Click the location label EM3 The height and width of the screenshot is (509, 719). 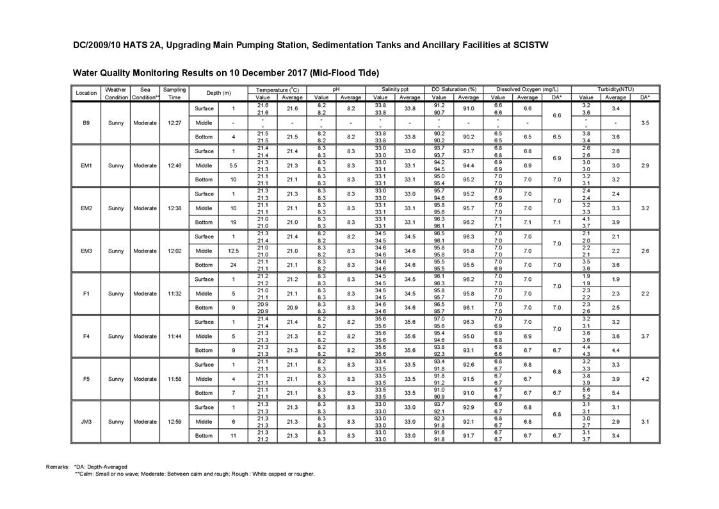pyautogui.click(x=86, y=251)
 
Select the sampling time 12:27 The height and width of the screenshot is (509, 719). pyautogui.click(x=175, y=122)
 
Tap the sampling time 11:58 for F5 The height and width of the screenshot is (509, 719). pyautogui.click(x=175, y=379)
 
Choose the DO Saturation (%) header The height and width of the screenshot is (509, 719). pyautogui.click(x=455, y=90)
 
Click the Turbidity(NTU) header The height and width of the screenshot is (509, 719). pyautogui.click(x=615, y=90)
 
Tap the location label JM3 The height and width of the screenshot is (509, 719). pyautogui.click(x=86, y=422)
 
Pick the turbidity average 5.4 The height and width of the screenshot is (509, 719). pyautogui.click(x=615, y=393)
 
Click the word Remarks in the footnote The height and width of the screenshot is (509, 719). pyautogui.click(x=58, y=467)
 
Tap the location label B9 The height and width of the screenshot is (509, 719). pyautogui.click(x=86, y=122)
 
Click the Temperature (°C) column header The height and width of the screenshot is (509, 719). pyautogui.click(x=277, y=90)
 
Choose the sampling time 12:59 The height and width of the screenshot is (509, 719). pyautogui.click(x=175, y=422)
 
